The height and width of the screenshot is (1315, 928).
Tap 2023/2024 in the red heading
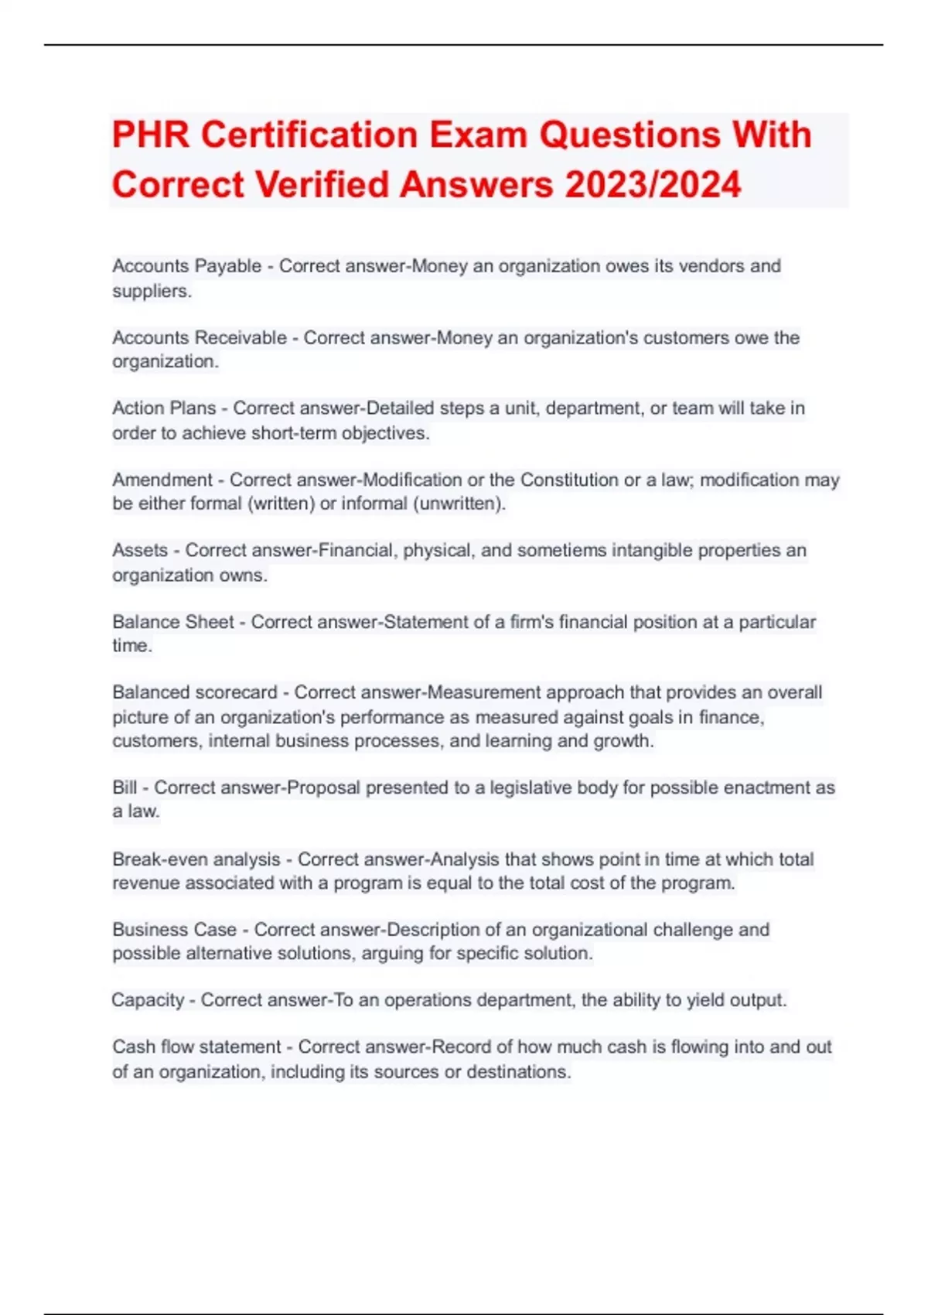(x=653, y=185)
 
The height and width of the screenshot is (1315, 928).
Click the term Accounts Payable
(x=186, y=266)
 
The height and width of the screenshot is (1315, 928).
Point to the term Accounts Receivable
(x=199, y=338)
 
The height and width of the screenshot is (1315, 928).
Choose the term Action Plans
(x=164, y=408)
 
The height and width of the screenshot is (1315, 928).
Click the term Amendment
(x=162, y=480)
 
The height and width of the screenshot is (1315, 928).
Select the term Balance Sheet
(x=172, y=622)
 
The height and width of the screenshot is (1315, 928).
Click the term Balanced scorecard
(x=194, y=692)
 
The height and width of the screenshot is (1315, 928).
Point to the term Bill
(x=125, y=788)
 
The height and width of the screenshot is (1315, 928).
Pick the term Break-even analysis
(x=196, y=859)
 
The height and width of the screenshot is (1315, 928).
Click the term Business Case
(x=174, y=930)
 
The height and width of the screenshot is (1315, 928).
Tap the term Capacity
(x=148, y=1000)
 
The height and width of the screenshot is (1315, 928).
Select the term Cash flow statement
(x=196, y=1047)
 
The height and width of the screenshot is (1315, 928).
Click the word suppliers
(x=150, y=292)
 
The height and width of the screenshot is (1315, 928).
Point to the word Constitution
(x=568, y=480)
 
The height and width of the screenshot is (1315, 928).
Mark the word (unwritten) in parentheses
(x=459, y=504)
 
